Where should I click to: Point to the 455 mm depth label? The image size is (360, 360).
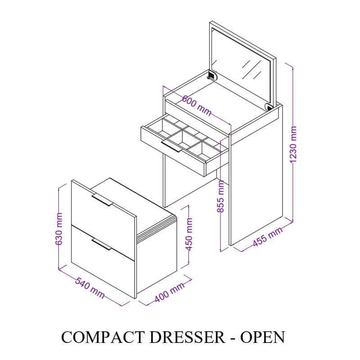click(x=267, y=237)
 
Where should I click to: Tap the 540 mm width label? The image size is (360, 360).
click(x=90, y=288)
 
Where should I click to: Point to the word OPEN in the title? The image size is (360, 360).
click(x=263, y=337)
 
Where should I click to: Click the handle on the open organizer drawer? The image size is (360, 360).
click(x=171, y=147)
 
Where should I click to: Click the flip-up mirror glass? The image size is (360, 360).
click(x=245, y=67)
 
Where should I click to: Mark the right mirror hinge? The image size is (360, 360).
click(x=269, y=107)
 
